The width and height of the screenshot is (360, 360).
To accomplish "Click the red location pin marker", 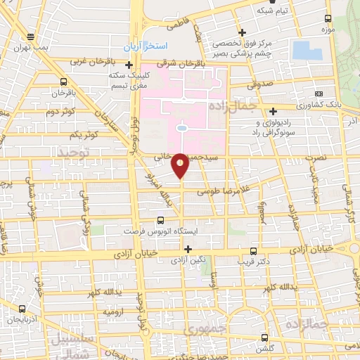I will click(x=181, y=164).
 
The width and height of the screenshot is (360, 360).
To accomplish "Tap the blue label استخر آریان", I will click(x=146, y=46).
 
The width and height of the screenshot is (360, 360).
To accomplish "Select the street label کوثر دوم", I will click(x=60, y=112).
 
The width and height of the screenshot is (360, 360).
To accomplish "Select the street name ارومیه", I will click(x=115, y=310).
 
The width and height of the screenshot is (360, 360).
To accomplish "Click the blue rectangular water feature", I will click(x=307, y=50).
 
